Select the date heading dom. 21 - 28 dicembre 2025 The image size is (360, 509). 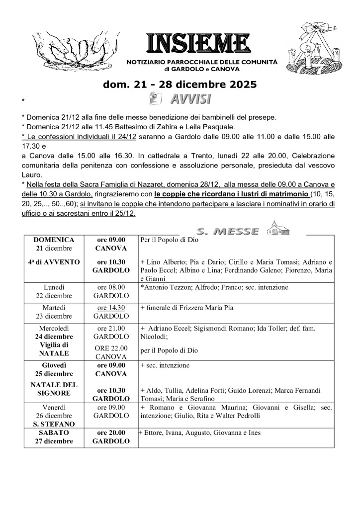tap(180, 85)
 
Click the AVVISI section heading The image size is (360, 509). tap(189, 98)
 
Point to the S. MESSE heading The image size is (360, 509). tap(228, 231)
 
